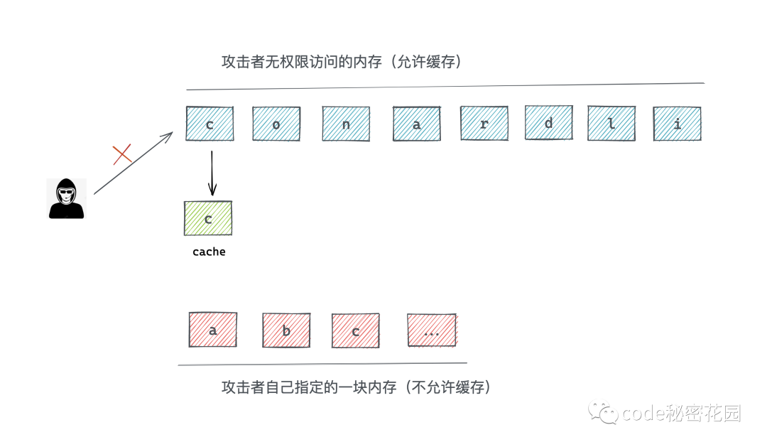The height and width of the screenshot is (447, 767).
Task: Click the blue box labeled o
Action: [276, 124]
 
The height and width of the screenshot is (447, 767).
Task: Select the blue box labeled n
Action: [346, 124]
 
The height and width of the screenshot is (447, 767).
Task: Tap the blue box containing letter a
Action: [417, 124]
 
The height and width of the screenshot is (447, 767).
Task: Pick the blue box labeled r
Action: [484, 124]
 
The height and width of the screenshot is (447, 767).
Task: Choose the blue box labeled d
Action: [548, 123]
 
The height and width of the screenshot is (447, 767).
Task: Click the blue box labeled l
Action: [611, 124]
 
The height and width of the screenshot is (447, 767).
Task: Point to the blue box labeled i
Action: [677, 124]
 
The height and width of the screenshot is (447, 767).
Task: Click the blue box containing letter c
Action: [210, 124]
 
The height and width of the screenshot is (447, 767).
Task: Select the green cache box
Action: [208, 218]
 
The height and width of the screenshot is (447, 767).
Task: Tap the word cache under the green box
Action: [209, 252]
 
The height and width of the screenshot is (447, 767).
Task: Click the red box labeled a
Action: [213, 330]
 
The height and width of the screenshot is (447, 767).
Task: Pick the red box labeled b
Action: [286, 330]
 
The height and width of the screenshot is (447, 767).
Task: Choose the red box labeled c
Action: [355, 330]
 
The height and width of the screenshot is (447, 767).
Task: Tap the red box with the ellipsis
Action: [432, 330]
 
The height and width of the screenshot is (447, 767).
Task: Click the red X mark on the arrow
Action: [122, 154]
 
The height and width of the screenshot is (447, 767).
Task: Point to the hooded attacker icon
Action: [66, 198]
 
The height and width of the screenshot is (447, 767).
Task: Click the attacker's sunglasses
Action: [66, 191]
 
